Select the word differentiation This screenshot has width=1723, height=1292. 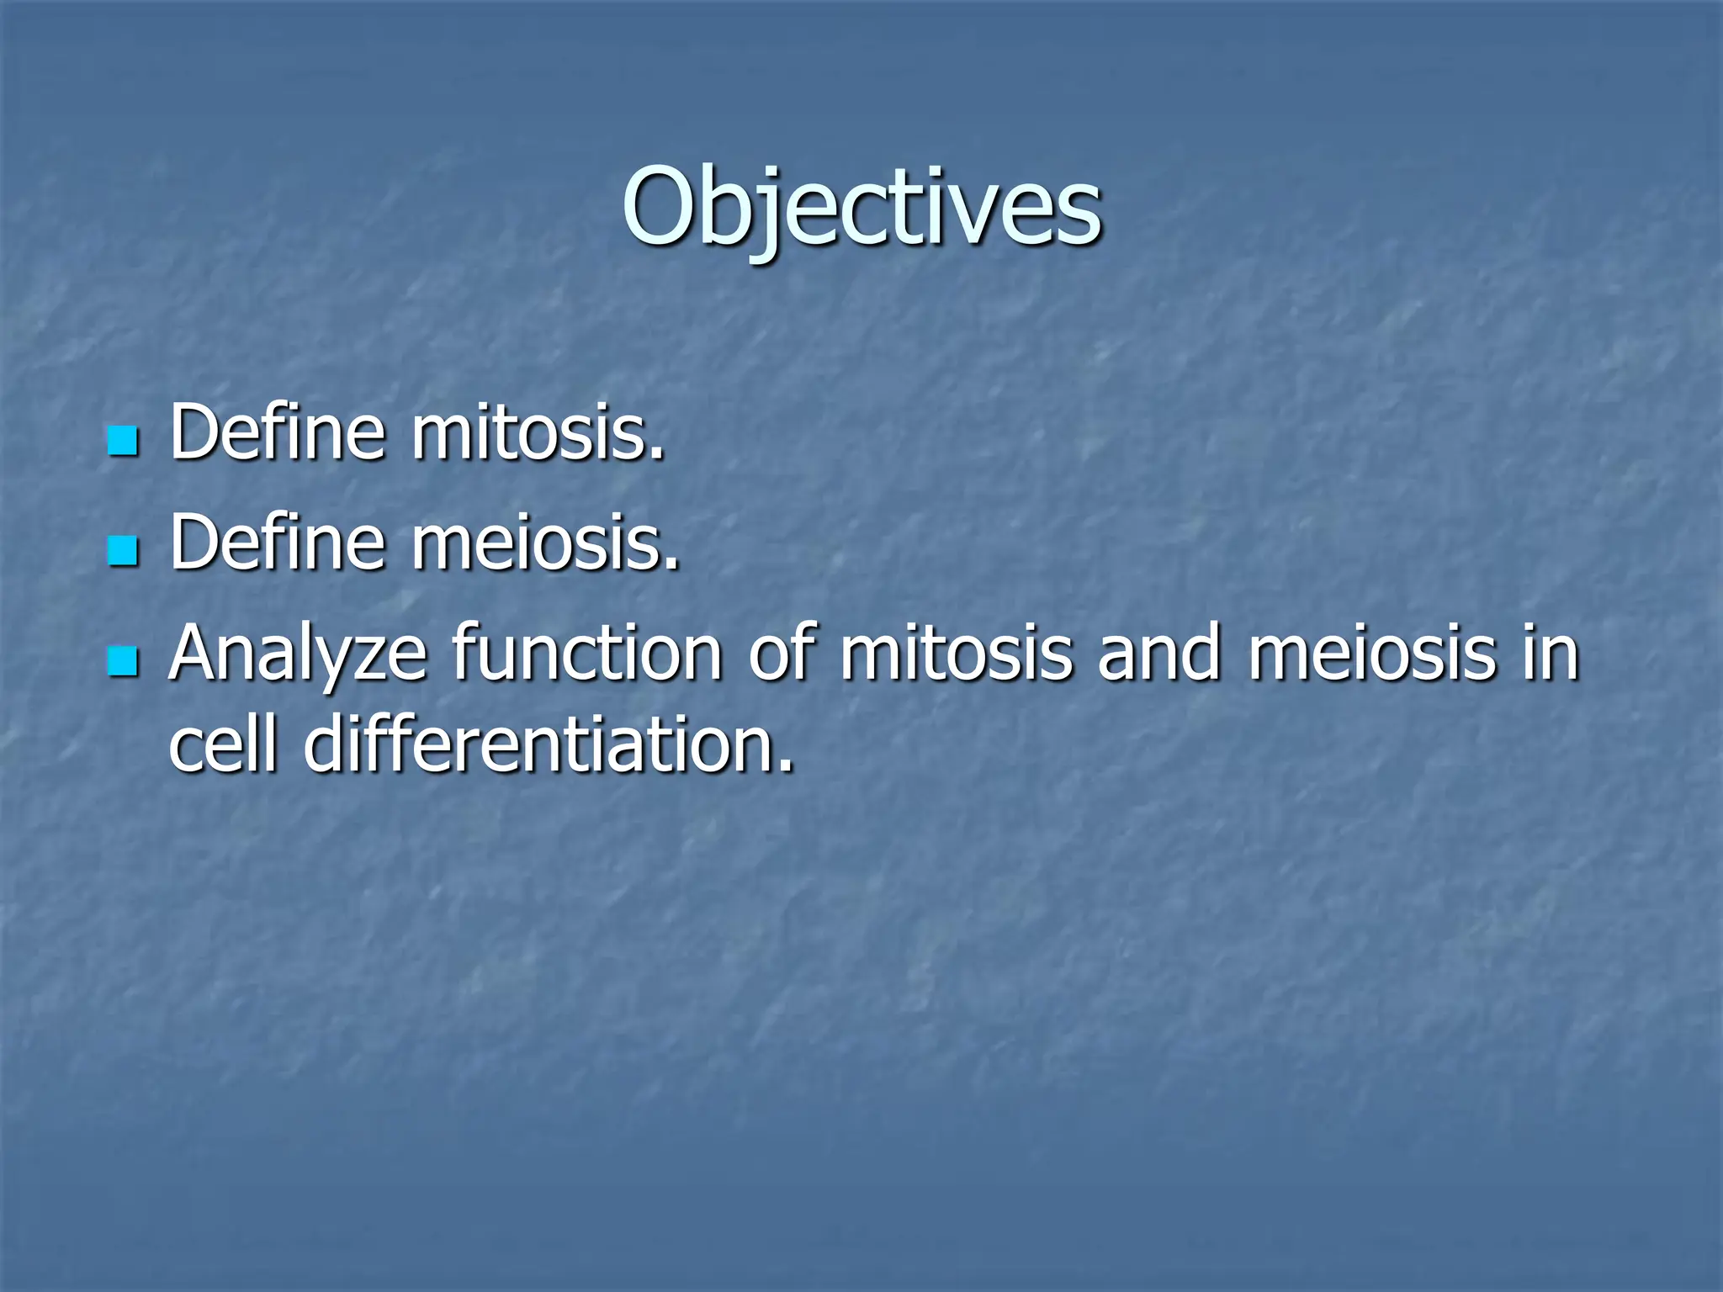[538, 744]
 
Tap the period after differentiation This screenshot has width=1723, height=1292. [786, 765]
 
